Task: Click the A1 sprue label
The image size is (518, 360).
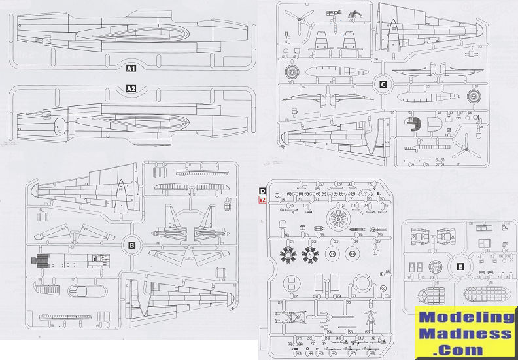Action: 131,68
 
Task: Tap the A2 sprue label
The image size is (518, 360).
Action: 131,88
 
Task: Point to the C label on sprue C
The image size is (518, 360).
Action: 383,83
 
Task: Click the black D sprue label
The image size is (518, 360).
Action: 262,191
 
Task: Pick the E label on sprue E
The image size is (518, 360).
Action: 460,266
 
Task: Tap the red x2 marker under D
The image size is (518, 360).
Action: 262,200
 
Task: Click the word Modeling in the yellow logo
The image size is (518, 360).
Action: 465,317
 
